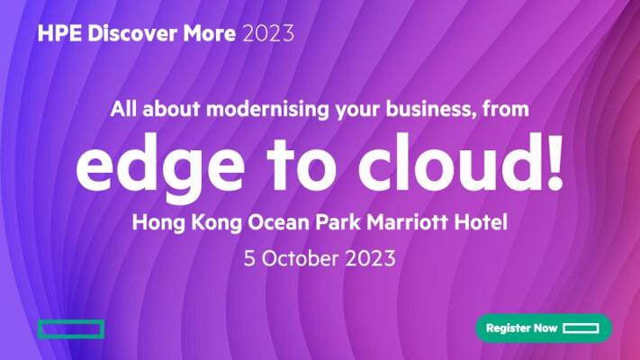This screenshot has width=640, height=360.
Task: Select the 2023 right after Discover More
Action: click(x=268, y=33)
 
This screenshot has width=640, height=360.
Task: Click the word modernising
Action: click(x=267, y=110)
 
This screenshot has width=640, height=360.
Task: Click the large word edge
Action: click(x=160, y=166)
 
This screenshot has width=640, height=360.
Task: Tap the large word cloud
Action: click(x=447, y=163)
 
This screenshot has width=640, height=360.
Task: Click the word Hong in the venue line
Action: click(x=158, y=223)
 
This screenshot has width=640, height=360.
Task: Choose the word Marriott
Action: click(x=407, y=222)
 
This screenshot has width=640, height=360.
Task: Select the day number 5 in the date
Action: click(x=249, y=259)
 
